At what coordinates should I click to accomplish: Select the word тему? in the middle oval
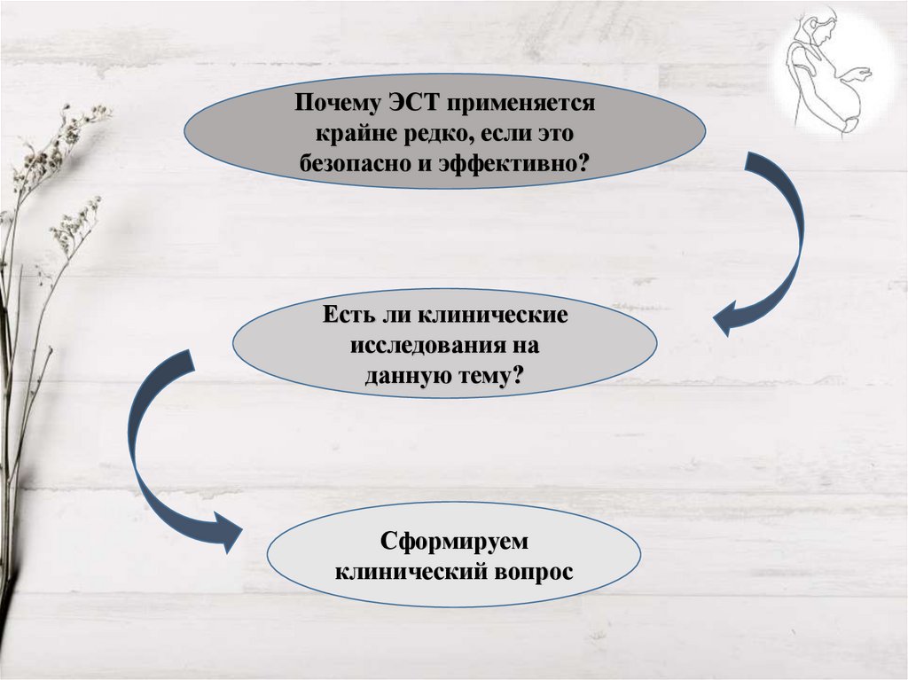point(496,375)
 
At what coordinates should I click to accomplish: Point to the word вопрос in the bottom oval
point(532,570)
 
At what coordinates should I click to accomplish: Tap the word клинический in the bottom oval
point(410,570)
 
